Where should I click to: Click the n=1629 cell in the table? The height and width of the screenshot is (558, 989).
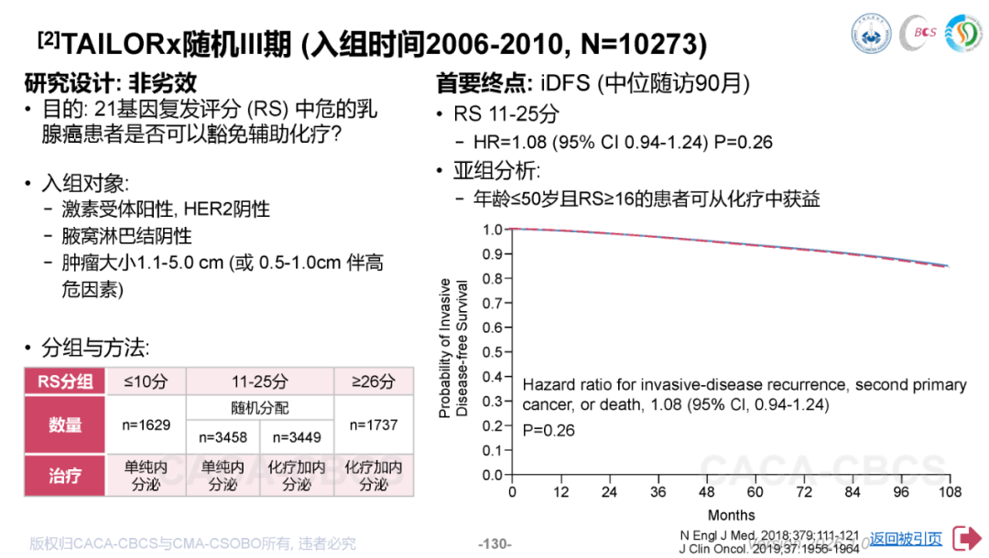(147, 424)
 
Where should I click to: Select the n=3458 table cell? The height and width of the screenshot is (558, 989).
(223, 437)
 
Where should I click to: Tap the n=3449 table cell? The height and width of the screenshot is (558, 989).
(297, 437)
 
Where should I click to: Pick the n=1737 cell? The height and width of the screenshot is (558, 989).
(374, 424)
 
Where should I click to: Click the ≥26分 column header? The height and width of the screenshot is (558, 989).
(374, 381)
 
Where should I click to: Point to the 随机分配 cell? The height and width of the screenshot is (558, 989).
(260, 408)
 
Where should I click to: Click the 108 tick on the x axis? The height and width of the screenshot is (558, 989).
(950, 492)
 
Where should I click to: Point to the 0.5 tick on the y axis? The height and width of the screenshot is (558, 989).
(493, 351)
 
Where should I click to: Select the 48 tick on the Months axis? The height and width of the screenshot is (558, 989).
(706, 492)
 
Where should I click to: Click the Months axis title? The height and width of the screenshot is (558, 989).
(732, 515)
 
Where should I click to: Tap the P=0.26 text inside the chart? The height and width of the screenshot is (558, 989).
(549, 430)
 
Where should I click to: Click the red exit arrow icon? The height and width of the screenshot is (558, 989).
(967, 538)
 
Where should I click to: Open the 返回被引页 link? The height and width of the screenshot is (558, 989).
(905, 539)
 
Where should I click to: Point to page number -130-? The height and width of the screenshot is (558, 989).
(494, 544)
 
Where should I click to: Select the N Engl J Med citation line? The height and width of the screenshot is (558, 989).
(769, 535)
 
